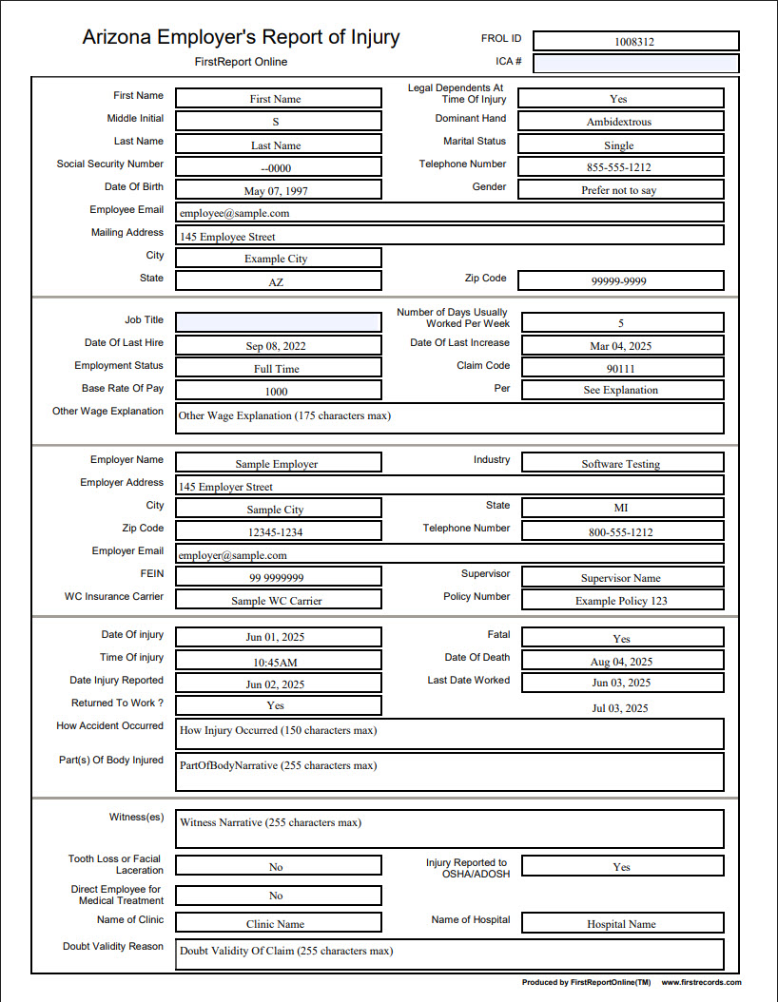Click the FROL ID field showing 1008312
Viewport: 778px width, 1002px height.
coord(635,41)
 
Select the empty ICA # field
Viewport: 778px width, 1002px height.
coord(635,64)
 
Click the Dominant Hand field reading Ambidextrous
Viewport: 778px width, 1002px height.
coord(620,122)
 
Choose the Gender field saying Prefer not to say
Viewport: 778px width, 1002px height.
coord(620,190)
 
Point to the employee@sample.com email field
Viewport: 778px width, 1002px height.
coord(449,213)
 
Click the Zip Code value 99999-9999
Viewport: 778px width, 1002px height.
coord(620,281)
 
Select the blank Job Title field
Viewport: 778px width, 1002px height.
coord(278,322)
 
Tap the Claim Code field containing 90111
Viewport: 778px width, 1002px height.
coord(622,368)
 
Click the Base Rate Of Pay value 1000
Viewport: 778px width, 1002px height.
coord(278,391)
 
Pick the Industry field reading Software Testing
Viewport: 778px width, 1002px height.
coord(622,464)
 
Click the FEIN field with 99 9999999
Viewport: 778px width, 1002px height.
coord(278,577)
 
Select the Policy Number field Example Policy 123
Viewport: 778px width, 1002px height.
coord(622,601)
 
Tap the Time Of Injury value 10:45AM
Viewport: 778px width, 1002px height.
coord(278,661)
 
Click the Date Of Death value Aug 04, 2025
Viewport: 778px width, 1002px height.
coord(622,661)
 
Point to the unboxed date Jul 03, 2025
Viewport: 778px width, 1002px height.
coord(621,708)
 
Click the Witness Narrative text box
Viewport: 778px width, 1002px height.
coord(449,829)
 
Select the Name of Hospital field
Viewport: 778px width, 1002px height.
coord(622,923)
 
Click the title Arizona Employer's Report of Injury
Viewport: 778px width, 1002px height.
coord(241,38)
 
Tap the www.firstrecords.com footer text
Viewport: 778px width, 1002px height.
coord(701,982)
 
